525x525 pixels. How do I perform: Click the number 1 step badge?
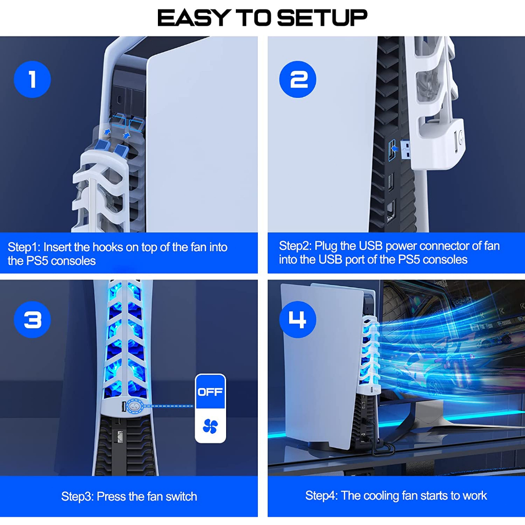pos(32,79)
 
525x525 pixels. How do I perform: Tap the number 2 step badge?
pos(298,79)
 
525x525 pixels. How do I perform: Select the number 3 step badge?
pos(32,320)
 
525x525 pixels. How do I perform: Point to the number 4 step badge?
pos(298,320)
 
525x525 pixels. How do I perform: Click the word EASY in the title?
pos(194,18)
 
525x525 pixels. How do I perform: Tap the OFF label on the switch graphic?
pos(210,392)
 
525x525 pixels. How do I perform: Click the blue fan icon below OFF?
pos(210,426)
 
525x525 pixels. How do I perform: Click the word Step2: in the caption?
pos(295,246)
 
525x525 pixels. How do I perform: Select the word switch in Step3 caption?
pos(181,496)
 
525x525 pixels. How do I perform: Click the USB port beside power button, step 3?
pos(123,407)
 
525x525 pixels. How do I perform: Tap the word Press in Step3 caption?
pos(111,496)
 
